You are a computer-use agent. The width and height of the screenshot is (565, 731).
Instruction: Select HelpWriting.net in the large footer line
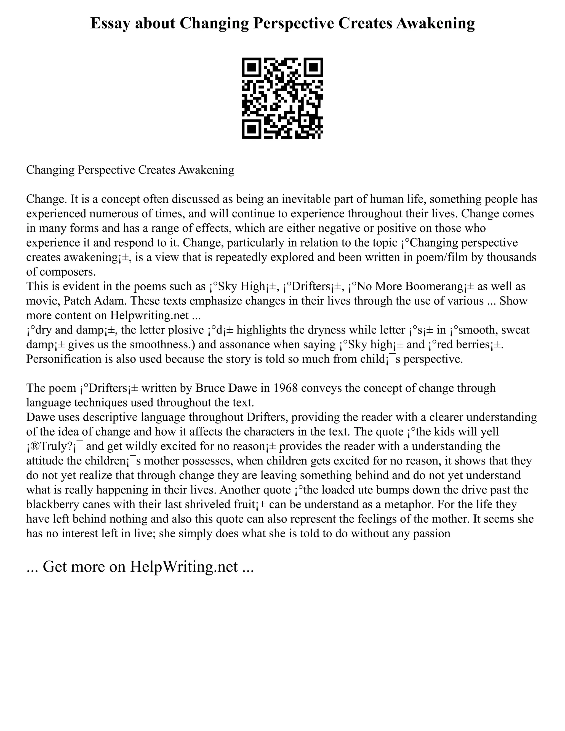click(184, 567)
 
